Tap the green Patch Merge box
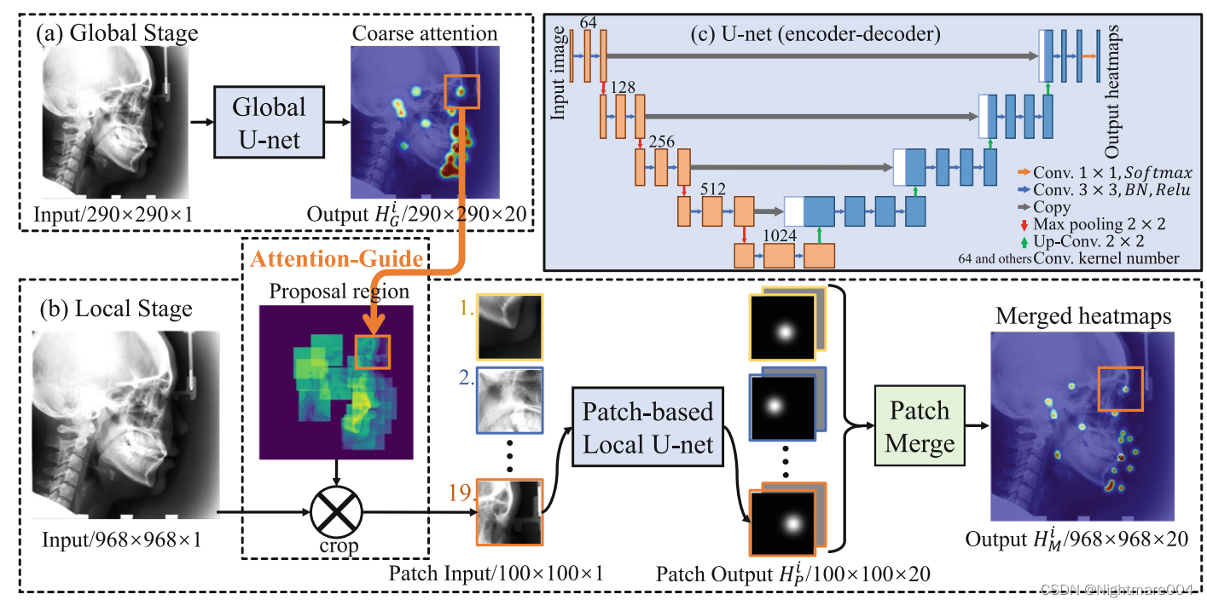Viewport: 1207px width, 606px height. pyautogui.click(x=919, y=427)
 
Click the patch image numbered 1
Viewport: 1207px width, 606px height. pyautogui.click(x=509, y=326)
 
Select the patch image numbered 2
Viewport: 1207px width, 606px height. pyautogui.click(x=509, y=400)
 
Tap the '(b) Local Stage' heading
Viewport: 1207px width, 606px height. pyautogui.click(x=114, y=308)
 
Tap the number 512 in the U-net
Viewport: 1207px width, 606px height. pyautogui.click(x=712, y=189)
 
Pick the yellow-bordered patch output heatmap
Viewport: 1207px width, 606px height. pyautogui.click(x=781, y=326)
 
